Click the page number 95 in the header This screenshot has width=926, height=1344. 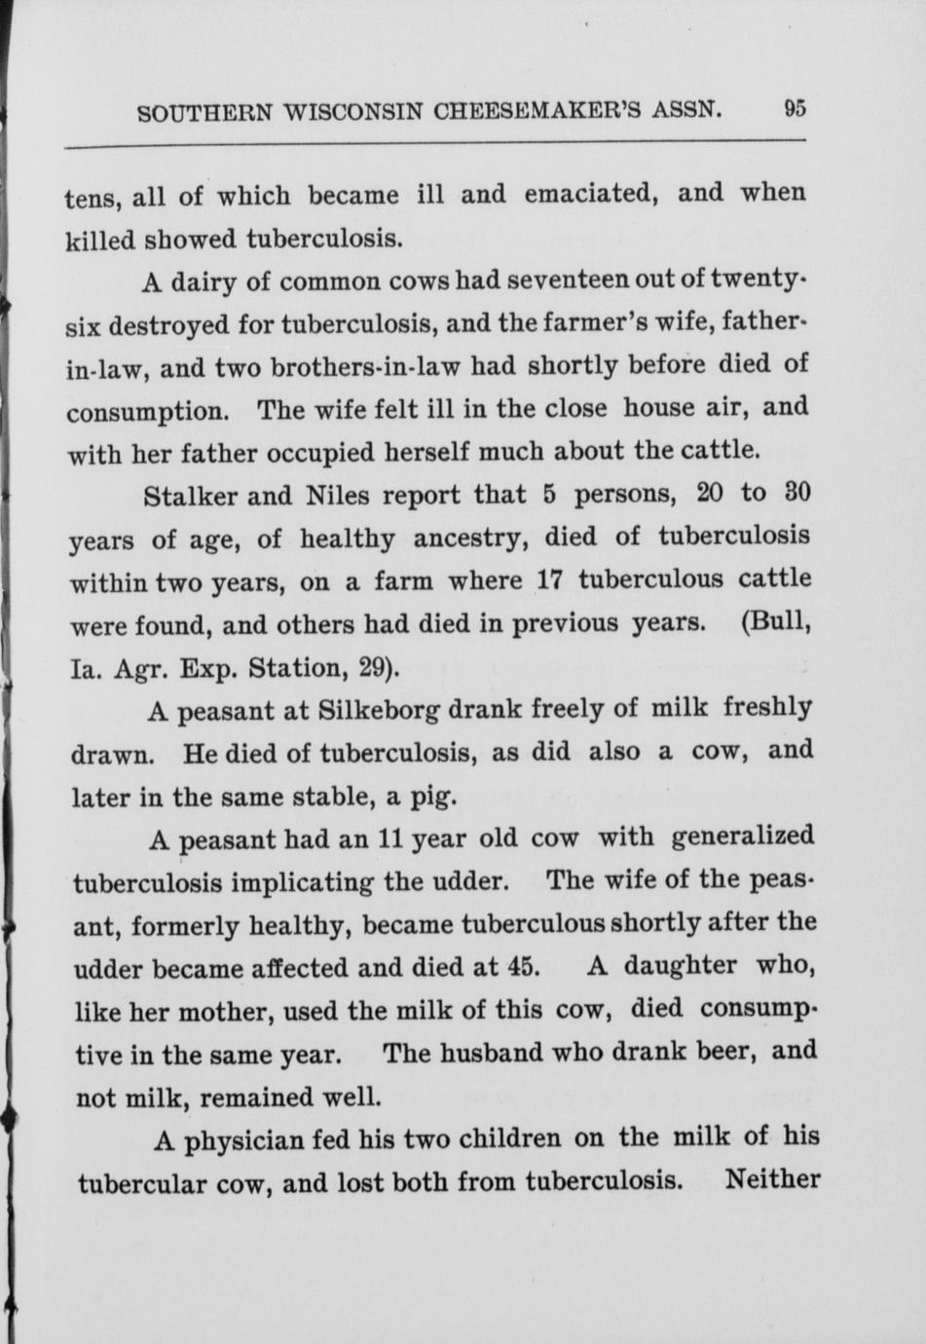point(794,109)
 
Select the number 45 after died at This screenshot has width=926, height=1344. point(523,968)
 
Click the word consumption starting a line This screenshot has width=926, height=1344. point(147,411)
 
